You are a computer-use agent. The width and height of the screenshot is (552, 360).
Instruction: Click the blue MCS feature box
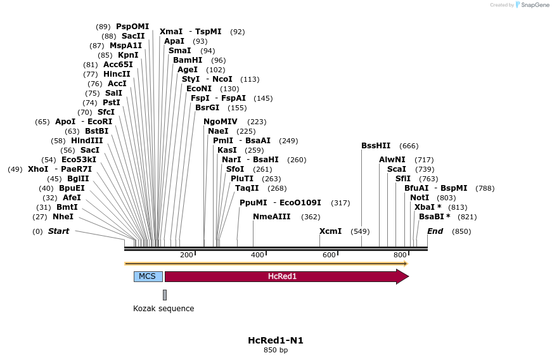(x=147, y=276)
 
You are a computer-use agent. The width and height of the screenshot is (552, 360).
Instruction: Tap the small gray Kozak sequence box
(x=165, y=295)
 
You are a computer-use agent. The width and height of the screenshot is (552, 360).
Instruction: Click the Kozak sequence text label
(x=164, y=309)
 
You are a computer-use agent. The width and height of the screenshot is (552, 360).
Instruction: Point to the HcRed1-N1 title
(x=276, y=340)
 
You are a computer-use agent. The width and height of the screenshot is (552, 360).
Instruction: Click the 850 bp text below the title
(x=276, y=350)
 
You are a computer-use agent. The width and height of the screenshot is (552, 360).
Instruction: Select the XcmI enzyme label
(x=330, y=231)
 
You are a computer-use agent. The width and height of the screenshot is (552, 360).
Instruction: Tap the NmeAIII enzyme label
(x=272, y=217)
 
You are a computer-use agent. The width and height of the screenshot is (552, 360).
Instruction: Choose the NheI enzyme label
(x=63, y=217)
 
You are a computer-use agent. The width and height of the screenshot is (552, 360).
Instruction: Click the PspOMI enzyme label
(x=132, y=27)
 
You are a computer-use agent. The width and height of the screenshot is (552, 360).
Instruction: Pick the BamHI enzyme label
(x=188, y=60)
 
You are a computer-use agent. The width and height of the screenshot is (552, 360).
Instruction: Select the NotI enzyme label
(x=420, y=198)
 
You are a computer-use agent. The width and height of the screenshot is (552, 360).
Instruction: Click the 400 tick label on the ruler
(x=257, y=255)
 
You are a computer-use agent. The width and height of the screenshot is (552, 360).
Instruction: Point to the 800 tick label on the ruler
(x=400, y=255)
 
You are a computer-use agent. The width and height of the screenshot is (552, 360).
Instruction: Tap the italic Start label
(x=59, y=231)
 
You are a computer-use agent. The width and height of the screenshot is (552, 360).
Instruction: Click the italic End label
(x=435, y=231)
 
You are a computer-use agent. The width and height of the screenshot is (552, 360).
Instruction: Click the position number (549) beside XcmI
(x=360, y=231)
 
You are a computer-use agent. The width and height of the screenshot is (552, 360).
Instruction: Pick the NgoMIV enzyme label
(x=221, y=122)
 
